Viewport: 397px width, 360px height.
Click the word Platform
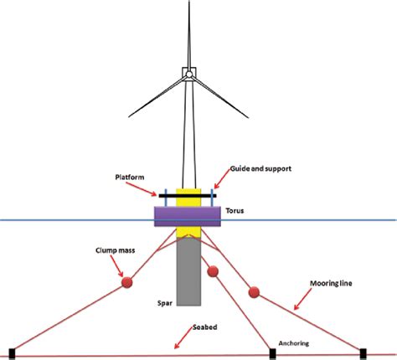pyautogui.click(x=132, y=177)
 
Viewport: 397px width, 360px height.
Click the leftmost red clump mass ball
pyautogui.click(x=128, y=282)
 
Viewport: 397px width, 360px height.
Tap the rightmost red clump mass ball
pyautogui.click(x=254, y=292)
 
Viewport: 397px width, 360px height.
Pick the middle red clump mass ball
pyautogui.click(x=213, y=271)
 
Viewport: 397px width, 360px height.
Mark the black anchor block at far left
pyautogui.click(x=11, y=353)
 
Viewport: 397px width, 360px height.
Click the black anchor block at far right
pyautogui.click(x=363, y=352)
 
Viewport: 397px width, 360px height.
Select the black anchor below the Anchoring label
pyautogui.click(x=272, y=353)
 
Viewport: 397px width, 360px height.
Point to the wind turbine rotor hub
pyautogui.click(x=190, y=74)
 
